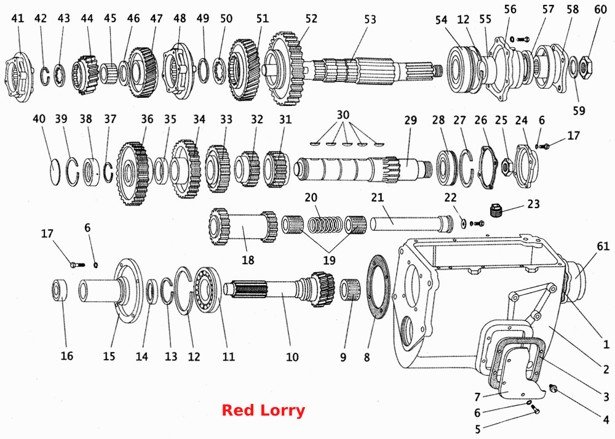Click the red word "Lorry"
283,411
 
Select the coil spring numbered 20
324,225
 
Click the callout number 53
370,20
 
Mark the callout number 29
410,120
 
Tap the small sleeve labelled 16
60,290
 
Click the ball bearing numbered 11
208,290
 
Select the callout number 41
17,18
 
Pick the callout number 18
248,260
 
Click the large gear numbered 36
133,173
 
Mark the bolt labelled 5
535,409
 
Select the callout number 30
343,115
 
